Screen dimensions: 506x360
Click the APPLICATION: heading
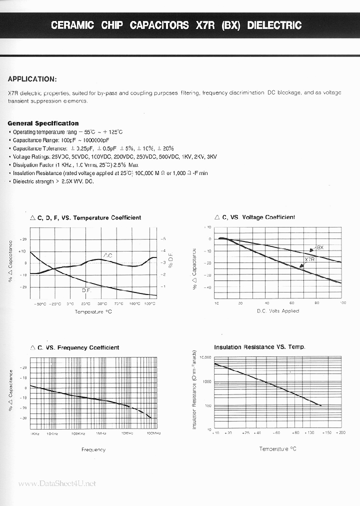[x=32, y=79]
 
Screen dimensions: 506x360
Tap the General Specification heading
[x=43, y=123]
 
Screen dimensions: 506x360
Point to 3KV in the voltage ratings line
[x=211, y=156]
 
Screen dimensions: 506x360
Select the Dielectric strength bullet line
[x=51, y=181]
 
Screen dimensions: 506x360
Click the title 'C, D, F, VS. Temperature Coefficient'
[x=85, y=217]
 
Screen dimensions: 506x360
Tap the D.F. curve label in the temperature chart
[x=86, y=290]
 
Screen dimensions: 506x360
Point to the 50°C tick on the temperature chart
[x=101, y=303]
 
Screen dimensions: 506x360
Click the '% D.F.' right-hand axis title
[x=170, y=261]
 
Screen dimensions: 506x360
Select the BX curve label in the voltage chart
[x=320, y=248]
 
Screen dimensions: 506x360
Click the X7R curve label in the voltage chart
[x=309, y=260]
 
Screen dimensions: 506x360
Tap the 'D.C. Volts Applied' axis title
[x=277, y=311]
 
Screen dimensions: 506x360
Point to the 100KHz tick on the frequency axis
[x=76, y=433]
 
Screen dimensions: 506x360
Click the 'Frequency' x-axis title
[x=93, y=449]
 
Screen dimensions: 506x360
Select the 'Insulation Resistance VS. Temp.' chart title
[x=259, y=347]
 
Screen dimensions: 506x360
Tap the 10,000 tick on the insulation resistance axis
[x=205, y=357]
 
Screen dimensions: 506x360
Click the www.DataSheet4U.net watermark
[x=56, y=483]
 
